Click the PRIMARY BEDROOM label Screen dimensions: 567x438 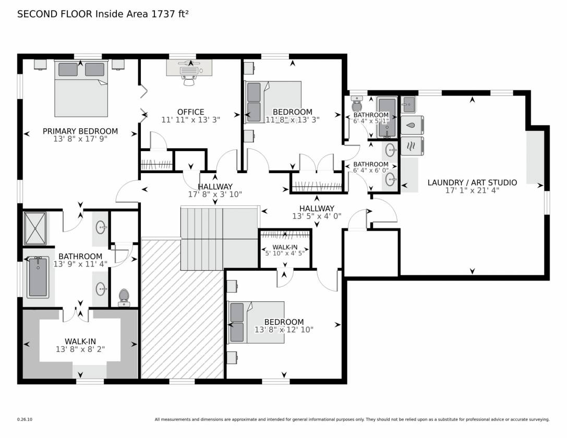(x=80, y=131)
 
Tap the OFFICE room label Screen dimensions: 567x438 (x=190, y=112)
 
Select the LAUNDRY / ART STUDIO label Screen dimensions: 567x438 (x=472, y=182)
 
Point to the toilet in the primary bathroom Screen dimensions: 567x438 (x=124, y=297)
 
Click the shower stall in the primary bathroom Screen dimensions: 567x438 (x=35, y=228)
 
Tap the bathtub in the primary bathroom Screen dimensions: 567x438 (x=38, y=277)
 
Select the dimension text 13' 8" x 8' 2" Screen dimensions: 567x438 (x=80, y=349)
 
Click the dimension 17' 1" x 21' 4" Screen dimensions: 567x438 (x=472, y=190)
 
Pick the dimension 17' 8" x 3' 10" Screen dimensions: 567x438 (x=215, y=194)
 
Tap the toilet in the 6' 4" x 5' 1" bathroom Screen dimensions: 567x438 (x=357, y=104)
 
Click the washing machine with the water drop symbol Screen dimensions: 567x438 (x=412, y=125)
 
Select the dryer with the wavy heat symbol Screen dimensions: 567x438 (x=412, y=146)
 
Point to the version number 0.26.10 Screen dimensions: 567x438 (x=25, y=420)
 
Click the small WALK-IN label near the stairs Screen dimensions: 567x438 (x=285, y=247)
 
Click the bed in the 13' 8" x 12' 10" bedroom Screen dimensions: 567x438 (x=256, y=322)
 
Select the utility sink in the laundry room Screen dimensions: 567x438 (x=408, y=105)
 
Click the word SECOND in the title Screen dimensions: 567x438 (x=37, y=14)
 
